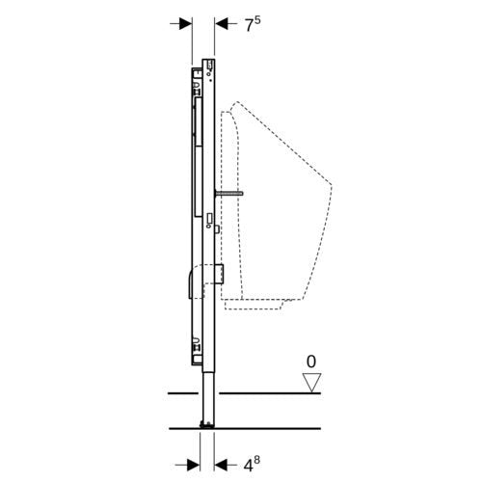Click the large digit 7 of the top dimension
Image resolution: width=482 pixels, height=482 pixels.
(x=250, y=26)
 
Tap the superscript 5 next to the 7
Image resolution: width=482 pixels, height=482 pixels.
(x=257, y=20)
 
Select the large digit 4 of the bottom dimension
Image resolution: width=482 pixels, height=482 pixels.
(x=248, y=466)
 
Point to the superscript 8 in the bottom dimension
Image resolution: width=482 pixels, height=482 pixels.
(x=256, y=461)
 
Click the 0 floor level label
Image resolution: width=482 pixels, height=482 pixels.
(x=311, y=361)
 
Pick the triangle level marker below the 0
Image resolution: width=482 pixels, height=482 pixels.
(x=311, y=383)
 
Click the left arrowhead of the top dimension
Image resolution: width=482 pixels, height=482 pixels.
(x=186, y=23)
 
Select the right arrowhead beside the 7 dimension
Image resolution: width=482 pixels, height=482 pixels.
(x=221, y=23)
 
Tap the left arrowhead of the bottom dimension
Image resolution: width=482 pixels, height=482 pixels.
(x=193, y=465)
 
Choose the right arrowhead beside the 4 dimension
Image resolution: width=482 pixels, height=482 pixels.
(x=221, y=465)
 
